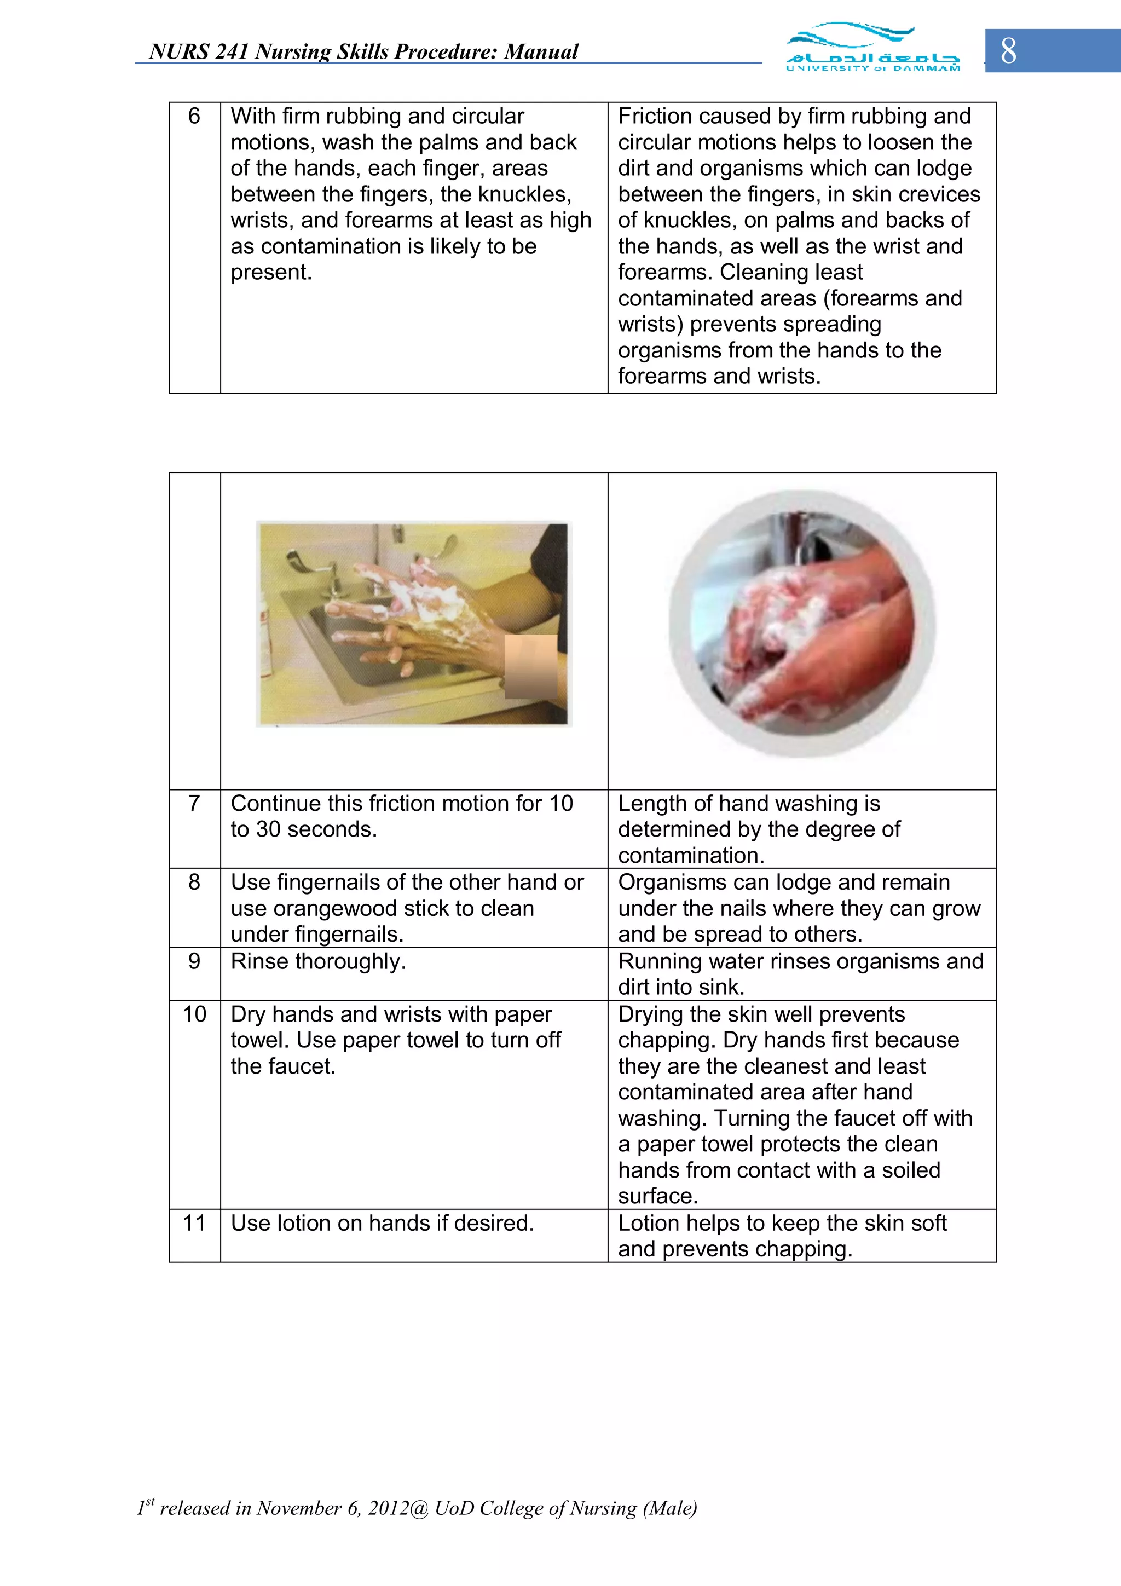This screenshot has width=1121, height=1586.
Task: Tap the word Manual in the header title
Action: point(540,52)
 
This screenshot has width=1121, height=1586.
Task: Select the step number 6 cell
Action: point(194,116)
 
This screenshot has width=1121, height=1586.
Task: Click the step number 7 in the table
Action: point(194,803)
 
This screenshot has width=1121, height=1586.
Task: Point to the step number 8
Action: point(194,882)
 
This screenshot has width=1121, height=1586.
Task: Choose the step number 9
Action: point(194,961)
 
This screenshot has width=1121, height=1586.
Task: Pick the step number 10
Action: point(194,1014)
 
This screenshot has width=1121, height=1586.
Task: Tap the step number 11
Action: point(194,1222)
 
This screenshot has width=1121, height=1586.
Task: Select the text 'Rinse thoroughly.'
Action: point(317,961)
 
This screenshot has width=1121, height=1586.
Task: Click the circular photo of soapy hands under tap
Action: point(801,624)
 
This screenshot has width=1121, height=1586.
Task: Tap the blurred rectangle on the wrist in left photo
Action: point(530,667)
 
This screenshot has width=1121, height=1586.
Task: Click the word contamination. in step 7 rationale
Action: point(691,856)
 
